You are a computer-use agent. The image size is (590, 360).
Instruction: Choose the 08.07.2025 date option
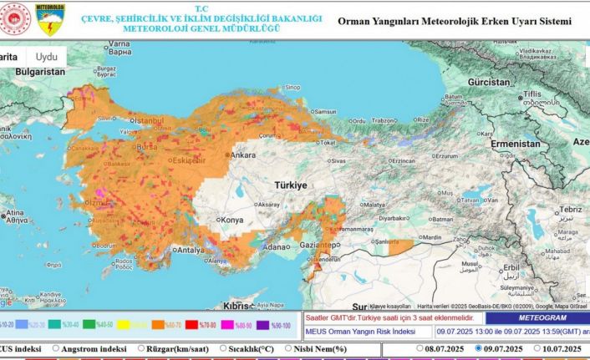tap(420, 348)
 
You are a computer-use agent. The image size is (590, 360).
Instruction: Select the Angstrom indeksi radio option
tap(56, 348)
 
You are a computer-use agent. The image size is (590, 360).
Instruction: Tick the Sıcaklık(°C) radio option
tap(224, 348)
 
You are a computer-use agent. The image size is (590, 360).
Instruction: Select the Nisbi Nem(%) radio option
tap(288, 348)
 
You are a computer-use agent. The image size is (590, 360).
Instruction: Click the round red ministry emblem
tap(15, 19)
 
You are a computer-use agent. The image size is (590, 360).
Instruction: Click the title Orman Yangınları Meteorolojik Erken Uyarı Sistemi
tap(455, 20)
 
